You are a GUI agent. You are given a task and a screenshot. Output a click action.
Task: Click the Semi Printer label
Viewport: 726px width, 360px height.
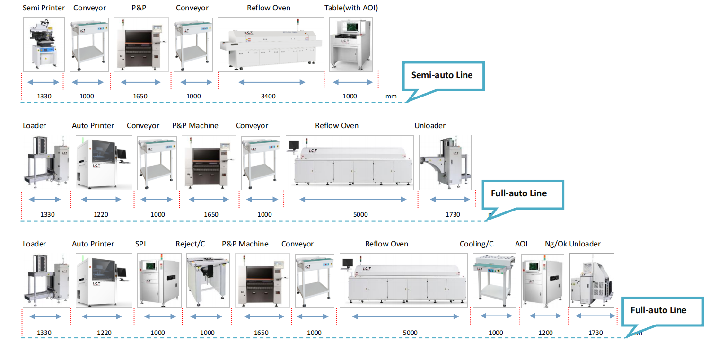click(44, 8)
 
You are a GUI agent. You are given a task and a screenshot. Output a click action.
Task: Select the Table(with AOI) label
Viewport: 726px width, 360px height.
click(351, 8)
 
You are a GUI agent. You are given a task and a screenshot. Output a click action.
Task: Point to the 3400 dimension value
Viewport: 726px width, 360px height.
click(268, 97)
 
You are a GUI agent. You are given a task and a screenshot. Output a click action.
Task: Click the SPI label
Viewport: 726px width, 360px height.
click(140, 244)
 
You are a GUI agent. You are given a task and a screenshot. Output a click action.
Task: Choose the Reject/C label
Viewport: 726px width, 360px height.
click(190, 244)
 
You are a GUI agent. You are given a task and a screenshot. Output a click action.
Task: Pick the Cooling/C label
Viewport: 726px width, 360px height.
click(476, 244)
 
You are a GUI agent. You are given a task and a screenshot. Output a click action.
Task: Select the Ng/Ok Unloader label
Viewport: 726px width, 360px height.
click(572, 244)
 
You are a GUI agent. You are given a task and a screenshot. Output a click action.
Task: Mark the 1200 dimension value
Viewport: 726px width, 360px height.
click(545, 333)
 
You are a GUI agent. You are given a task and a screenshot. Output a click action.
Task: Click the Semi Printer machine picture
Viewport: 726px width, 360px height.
click(44, 45)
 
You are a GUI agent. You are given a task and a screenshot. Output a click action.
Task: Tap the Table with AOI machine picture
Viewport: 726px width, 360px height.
click(350, 45)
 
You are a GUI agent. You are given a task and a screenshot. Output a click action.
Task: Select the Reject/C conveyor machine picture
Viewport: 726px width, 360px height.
click(208, 281)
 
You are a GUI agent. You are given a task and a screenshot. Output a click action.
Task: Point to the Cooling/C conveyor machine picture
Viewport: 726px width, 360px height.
click(494, 281)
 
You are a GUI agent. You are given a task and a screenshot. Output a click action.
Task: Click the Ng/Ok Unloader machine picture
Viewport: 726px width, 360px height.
click(592, 281)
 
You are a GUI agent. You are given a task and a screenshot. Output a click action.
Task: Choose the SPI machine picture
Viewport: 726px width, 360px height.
click(159, 281)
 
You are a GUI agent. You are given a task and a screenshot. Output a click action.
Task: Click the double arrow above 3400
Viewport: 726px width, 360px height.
click(271, 83)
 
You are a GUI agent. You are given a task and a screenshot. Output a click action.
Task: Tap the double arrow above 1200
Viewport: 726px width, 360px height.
click(545, 316)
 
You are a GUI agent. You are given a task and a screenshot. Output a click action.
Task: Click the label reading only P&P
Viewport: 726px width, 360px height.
click(139, 8)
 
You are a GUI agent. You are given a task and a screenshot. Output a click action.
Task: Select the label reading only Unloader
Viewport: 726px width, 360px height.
click(430, 126)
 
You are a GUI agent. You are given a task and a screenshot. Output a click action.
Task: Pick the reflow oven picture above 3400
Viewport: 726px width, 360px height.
click(271, 45)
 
